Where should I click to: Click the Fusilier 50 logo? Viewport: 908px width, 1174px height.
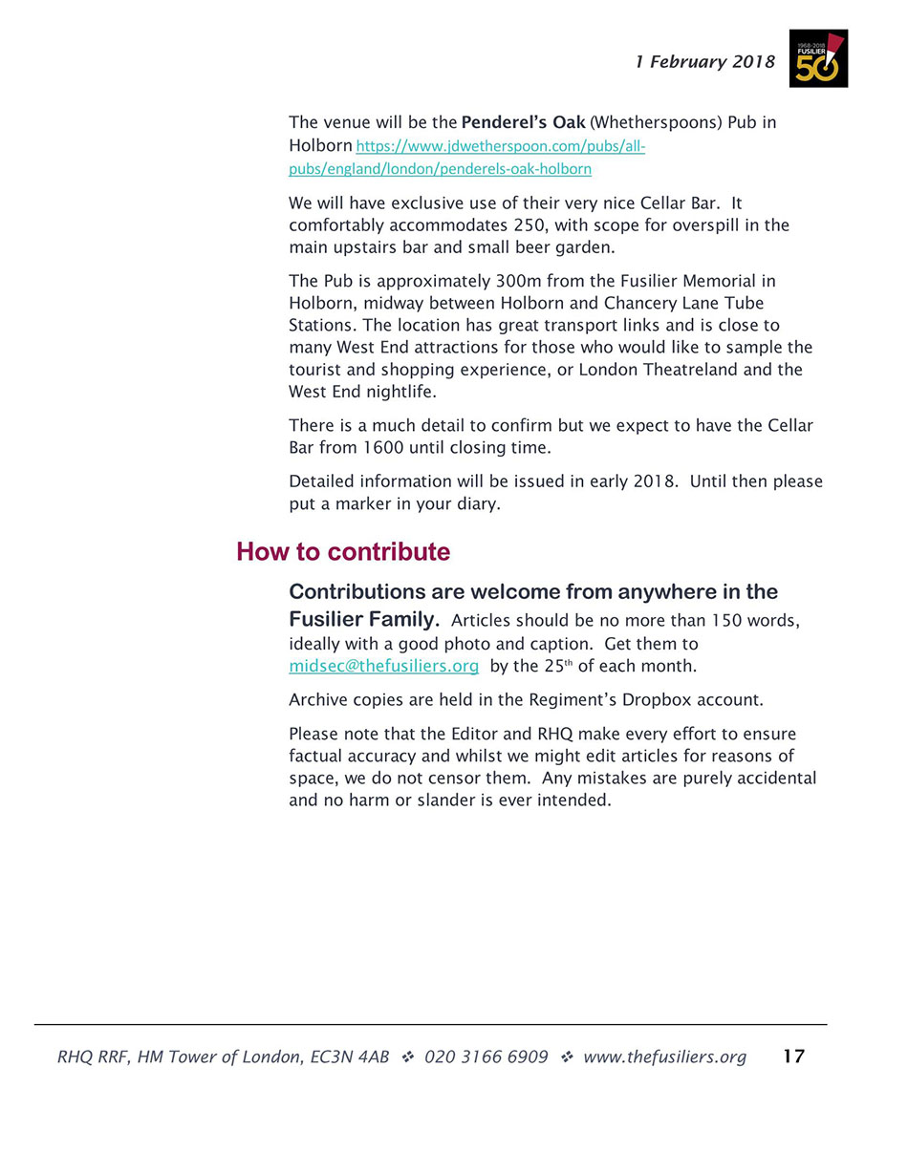point(818,58)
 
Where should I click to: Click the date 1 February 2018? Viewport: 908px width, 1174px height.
point(705,62)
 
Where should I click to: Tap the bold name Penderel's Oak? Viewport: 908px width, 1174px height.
point(523,123)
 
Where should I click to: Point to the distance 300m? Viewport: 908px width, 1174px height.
point(517,281)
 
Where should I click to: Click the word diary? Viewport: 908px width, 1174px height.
point(476,503)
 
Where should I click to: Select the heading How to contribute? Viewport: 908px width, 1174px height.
point(343,552)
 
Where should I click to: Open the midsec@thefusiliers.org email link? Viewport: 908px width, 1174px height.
point(383,666)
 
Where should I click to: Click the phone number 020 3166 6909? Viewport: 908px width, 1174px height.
point(486,1057)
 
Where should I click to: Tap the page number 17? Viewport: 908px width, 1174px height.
point(793,1056)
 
